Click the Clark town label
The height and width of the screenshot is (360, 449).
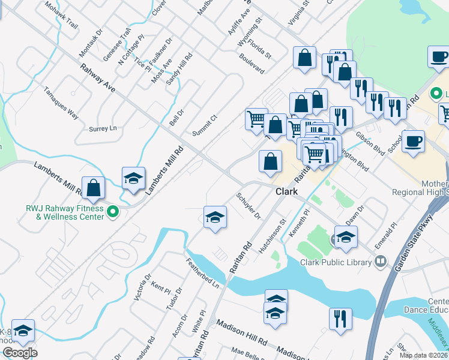pos(287,192)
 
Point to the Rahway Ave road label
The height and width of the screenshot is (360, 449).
pos(97,78)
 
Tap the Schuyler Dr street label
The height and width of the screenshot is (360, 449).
pos(249,205)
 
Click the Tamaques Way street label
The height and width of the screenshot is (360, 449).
pos(61,104)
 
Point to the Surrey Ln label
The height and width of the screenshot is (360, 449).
pos(102,128)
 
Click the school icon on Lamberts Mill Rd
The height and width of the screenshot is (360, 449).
pos(133,177)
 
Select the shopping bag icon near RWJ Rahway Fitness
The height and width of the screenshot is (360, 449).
pos(94,187)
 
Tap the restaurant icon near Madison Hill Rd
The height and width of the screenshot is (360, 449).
pos(340,319)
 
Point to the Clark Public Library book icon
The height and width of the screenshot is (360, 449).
pos(380,261)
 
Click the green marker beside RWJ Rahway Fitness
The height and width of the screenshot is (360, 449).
pos(112,211)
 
